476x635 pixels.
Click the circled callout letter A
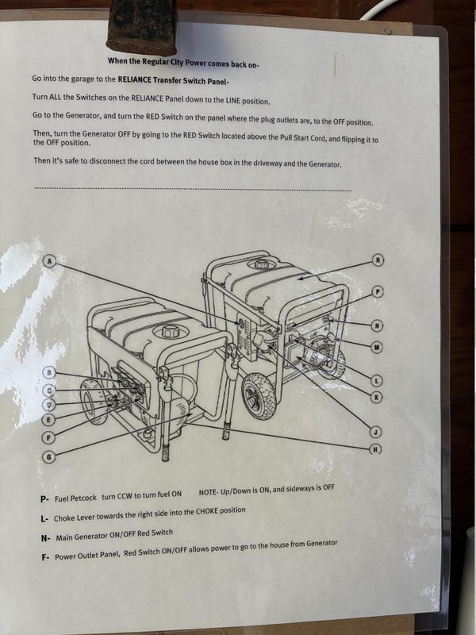coord(49,261)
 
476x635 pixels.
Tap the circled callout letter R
coord(378,260)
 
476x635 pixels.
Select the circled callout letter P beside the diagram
coord(378,291)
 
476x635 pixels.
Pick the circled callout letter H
coord(376,448)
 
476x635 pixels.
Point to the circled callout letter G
coord(48,457)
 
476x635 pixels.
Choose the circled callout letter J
coord(376,432)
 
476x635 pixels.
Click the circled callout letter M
coord(377,347)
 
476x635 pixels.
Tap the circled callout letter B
coord(49,372)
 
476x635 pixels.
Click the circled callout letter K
coord(376,397)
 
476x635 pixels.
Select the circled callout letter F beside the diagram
coord(48,437)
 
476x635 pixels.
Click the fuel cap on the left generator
coord(170,331)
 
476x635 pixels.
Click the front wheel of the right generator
coord(259,395)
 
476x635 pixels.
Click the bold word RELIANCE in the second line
coord(134,80)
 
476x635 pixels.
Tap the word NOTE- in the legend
coord(209,492)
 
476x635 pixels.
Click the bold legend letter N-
coord(45,539)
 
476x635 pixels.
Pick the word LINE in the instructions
coord(232,100)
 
